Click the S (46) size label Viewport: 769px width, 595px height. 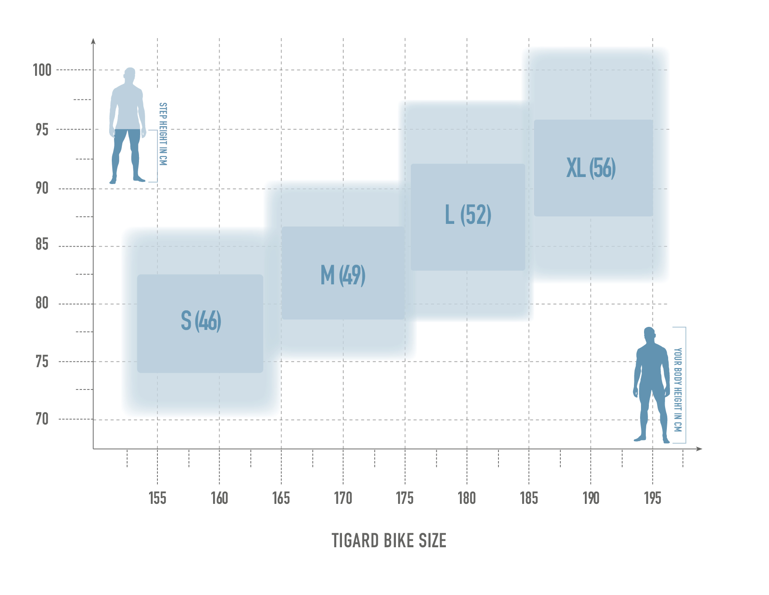pos(201,321)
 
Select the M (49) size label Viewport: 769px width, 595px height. pos(343,275)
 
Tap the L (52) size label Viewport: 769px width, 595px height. pos(468,215)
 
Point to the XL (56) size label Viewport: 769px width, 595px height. pos(591,168)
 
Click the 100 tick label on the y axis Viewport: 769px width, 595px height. pos(42,70)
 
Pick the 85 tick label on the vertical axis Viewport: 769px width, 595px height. pos(42,244)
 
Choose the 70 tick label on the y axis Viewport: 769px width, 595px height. pos(42,419)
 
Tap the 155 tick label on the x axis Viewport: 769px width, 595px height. pos(157,498)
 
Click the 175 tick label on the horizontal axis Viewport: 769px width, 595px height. pos(405,498)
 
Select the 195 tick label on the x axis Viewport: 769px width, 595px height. pos(652,498)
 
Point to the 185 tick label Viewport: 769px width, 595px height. pos(529,498)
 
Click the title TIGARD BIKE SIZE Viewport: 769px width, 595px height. pos(389,541)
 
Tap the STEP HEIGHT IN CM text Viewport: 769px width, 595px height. pos(163,134)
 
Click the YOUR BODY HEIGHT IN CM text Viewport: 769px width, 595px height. pos(678,390)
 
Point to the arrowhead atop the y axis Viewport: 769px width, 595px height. pos(93,41)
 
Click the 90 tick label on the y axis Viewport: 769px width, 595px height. pos(42,188)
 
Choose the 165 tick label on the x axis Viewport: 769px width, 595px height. pos(281,498)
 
